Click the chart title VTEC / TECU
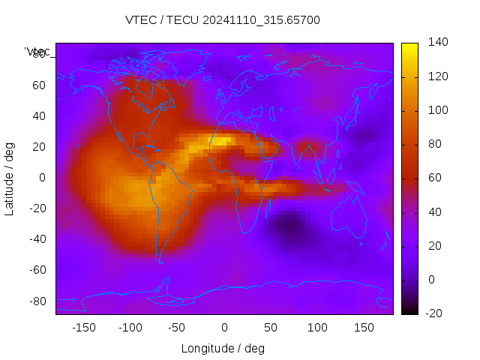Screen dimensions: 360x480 point(222,20)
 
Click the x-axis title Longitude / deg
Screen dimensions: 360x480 point(223,348)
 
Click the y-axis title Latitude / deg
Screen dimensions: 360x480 point(10,178)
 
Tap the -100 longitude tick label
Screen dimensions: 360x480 point(130,328)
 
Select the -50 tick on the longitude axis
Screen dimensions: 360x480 point(177,328)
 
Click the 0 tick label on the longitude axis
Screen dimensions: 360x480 point(224,328)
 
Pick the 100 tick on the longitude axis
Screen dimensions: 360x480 point(317,328)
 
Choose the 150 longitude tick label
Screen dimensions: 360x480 point(364,328)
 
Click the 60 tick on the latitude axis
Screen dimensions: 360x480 point(39,85)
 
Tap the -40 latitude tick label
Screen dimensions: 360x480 point(37,239)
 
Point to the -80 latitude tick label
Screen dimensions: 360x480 point(37,301)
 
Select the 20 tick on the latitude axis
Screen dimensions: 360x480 point(39,146)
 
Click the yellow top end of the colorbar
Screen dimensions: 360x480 point(409,46)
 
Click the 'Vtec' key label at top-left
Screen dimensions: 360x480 point(37,52)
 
